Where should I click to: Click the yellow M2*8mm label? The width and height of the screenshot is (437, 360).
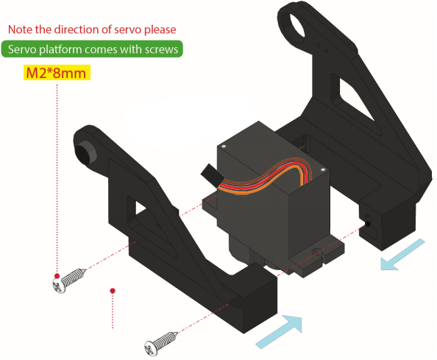click(57, 72)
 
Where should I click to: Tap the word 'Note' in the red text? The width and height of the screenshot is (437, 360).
click(20, 29)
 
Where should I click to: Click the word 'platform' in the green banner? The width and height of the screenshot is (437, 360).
click(60, 49)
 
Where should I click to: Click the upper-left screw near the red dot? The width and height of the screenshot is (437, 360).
click(68, 280)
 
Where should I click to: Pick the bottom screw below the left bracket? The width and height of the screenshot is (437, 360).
click(161, 344)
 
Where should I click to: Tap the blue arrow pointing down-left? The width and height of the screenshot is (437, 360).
click(402, 255)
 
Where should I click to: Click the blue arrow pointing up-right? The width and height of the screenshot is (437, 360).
click(279, 331)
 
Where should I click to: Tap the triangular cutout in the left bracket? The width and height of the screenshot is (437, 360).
click(141, 208)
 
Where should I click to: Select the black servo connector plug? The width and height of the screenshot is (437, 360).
click(212, 174)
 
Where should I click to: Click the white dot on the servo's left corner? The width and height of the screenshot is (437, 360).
click(223, 146)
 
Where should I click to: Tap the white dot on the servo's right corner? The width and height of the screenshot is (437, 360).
click(323, 169)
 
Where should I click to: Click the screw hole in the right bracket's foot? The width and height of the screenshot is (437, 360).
click(368, 224)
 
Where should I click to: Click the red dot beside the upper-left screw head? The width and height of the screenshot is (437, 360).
click(57, 276)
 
